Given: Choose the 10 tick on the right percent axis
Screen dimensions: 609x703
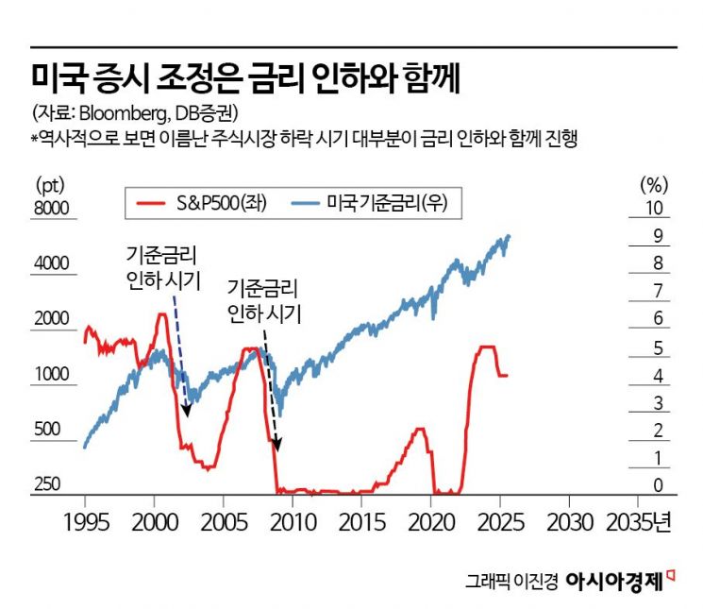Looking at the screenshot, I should pyautogui.click(x=652, y=209).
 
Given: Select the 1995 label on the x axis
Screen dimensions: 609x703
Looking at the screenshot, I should pyautogui.click(x=86, y=522).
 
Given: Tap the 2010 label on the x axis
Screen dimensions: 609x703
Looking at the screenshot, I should pyautogui.click(x=293, y=522).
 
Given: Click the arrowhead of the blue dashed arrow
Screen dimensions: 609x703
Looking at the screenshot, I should pyautogui.click(x=187, y=411).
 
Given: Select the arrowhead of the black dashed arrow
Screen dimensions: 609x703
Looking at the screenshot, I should pyautogui.click(x=277, y=449).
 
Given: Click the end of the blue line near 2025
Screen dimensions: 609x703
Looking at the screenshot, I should pyautogui.click(x=510, y=236).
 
